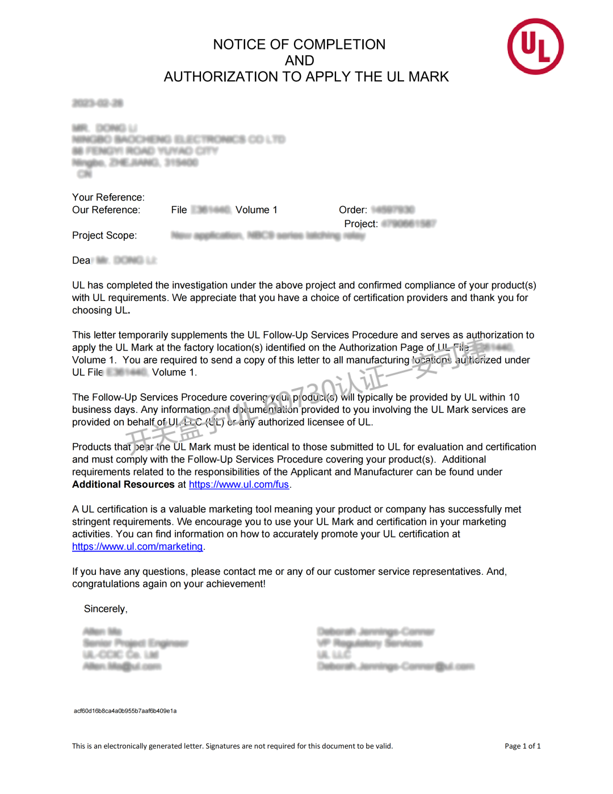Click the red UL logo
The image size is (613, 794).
(x=535, y=47)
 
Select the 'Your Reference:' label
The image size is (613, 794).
(x=108, y=197)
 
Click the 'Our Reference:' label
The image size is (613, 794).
(x=106, y=210)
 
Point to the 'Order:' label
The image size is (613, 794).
(x=352, y=210)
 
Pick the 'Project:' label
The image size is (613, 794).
(x=360, y=224)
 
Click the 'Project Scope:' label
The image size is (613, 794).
(x=104, y=235)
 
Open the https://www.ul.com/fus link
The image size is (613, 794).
(x=239, y=484)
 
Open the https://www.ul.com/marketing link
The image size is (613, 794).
(x=137, y=546)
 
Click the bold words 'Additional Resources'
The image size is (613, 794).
(x=123, y=484)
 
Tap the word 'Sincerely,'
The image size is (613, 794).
(x=106, y=609)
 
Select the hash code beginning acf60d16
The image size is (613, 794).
(x=125, y=711)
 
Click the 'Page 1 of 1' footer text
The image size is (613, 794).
(x=522, y=746)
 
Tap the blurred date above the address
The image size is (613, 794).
(x=98, y=103)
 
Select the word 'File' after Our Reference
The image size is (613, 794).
(x=179, y=210)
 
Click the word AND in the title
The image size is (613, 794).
(x=299, y=60)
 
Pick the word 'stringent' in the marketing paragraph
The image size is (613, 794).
(x=93, y=521)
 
